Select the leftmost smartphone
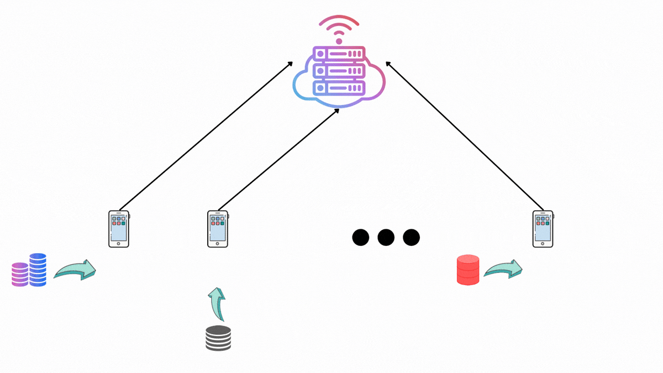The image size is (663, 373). coord(119,228)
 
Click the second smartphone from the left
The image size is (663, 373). coord(218,228)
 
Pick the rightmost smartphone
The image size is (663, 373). coord(543,228)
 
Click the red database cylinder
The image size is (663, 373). coord(468,270)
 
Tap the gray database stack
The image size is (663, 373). coord(218,338)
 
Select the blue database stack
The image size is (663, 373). coord(38,270)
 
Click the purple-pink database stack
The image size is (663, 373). coord(20,275)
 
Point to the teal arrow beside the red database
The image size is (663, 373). coord(503,269)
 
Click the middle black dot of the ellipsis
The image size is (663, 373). coord(386,238)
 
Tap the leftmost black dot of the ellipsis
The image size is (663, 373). coord(360,238)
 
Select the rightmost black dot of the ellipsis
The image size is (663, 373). coord(411,238)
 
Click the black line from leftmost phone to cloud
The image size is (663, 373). coord(206,136)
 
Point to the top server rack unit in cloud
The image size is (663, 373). coord(339,54)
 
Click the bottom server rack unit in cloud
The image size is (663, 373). coord(339,87)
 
